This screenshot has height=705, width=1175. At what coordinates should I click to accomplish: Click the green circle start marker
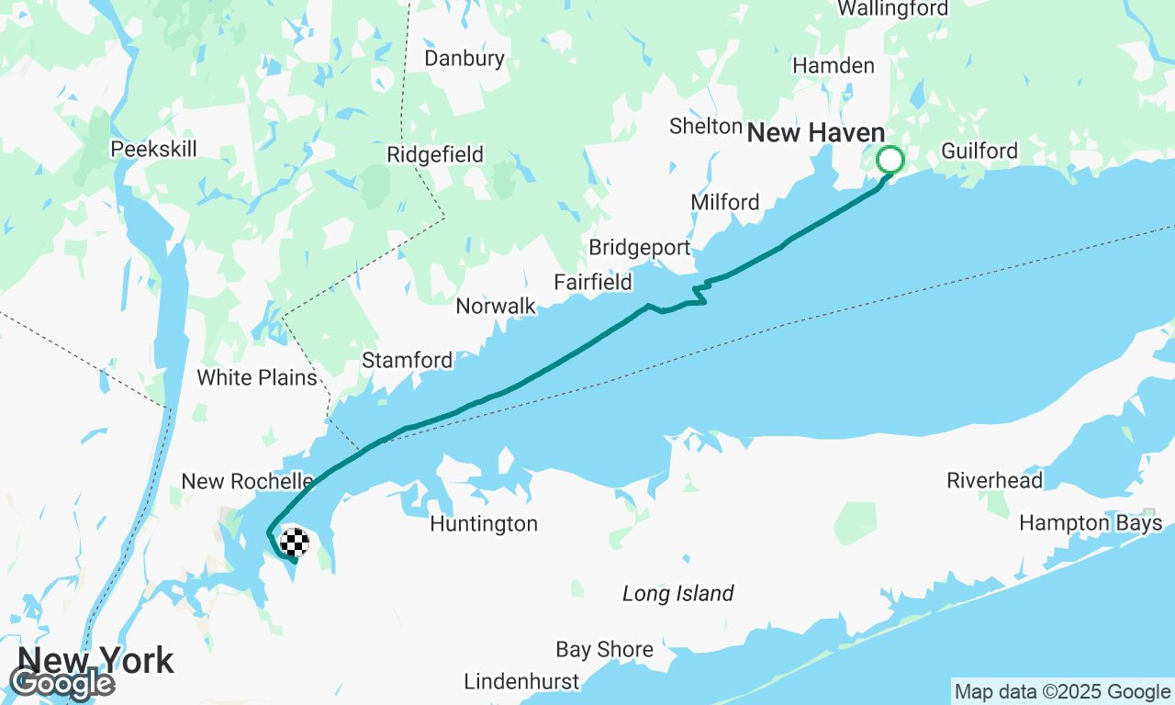(x=890, y=160)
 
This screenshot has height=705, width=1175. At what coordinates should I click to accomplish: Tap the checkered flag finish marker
(x=294, y=543)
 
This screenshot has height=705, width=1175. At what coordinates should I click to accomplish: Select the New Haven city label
(x=815, y=133)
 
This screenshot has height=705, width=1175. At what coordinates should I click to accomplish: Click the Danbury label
(x=464, y=59)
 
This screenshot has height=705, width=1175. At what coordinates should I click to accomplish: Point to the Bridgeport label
(x=639, y=248)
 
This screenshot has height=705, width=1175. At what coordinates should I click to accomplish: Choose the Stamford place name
(x=407, y=360)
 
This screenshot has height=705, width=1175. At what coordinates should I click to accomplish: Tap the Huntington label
(x=484, y=524)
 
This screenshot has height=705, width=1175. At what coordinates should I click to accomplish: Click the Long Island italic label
(x=677, y=594)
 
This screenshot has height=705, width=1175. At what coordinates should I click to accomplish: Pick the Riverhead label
(x=994, y=480)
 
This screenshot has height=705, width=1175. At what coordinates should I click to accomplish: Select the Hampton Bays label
(x=1091, y=523)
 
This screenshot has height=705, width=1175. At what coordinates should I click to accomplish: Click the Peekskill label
(x=153, y=149)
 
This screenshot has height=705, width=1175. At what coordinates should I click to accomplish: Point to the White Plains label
(x=256, y=377)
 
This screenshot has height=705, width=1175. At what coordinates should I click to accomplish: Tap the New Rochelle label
(x=247, y=481)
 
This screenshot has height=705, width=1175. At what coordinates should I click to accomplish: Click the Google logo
(x=62, y=683)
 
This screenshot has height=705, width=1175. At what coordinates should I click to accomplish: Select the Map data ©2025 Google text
(x=1062, y=692)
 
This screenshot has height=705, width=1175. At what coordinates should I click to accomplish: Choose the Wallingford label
(x=893, y=9)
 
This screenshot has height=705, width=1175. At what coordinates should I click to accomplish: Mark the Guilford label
(x=979, y=151)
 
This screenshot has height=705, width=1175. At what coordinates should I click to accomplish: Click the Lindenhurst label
(x=521, y=682)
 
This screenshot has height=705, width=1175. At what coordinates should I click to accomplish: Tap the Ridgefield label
(x=435, y=154)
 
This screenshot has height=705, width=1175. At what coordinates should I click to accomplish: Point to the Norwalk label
(x=496, y=307)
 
